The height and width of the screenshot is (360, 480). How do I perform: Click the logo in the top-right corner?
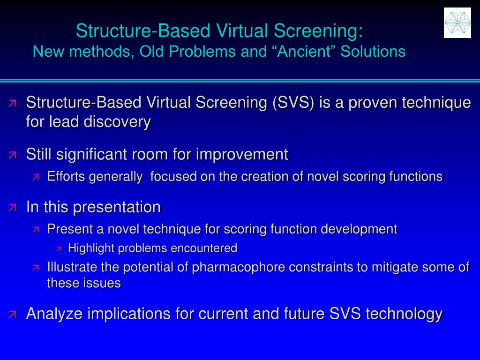click(457, 22)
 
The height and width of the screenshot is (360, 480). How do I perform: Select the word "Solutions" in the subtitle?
click(373, 51)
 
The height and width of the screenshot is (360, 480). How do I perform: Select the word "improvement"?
click(242, 154)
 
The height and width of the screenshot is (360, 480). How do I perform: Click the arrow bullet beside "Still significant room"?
click(13, 155)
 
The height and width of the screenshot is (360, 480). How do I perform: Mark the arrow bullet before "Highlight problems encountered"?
click(59, 248)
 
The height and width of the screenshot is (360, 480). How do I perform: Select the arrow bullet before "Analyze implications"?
click(13, 314)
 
